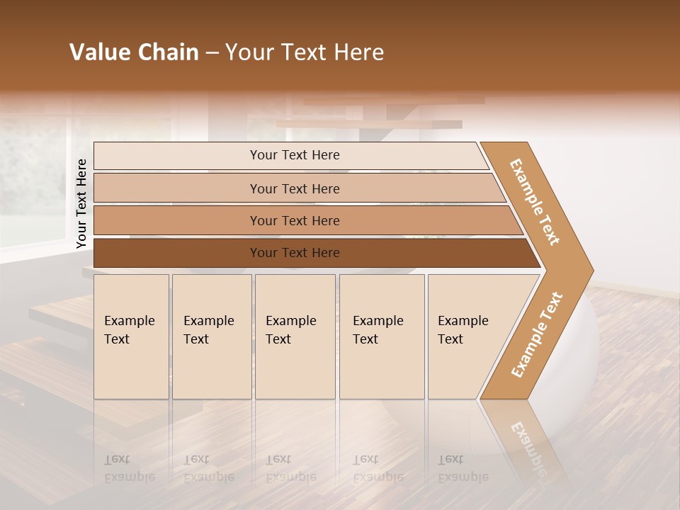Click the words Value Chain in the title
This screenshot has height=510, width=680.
pyautogui.click(x=134, y=52)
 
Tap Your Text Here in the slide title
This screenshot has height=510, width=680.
pyautogui.click(x=305, y=52)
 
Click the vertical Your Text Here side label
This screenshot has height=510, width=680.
pyautogui.click(x=81, y=203)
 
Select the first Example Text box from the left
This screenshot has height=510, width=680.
pyautogui.click(x=131, y=336)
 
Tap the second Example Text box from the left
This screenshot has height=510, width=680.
pyautogui.click(x=212, y=336)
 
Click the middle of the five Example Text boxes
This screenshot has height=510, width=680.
pyautogui.click(x=295, y=336)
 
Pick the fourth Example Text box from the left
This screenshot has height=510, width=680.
pyautogui.click(x=382, y=336)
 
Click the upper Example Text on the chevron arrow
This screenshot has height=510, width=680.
pyautogui.click(x=535, y=201)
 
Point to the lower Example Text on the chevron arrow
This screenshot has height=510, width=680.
pyautogui.click(x=537, y=334)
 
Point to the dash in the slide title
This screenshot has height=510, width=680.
pyautogui.click(x=211, y=53)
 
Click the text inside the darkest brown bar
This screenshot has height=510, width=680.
pyautogui.click(x=295, y=253)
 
